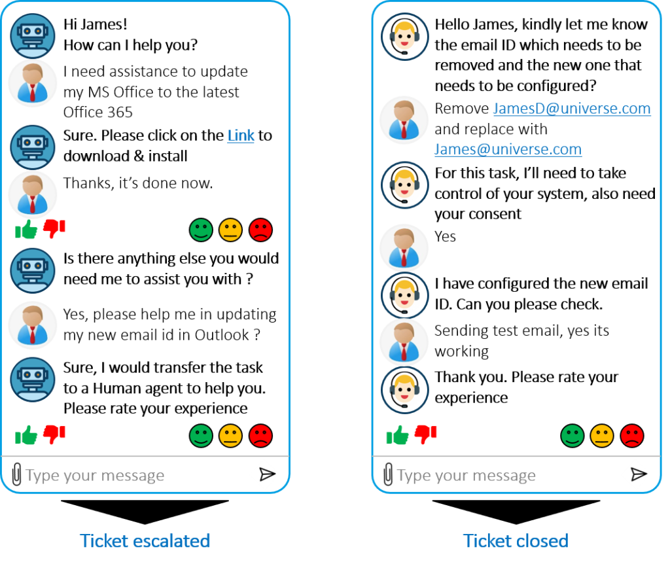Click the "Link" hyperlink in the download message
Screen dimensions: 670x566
(x=241, y=135)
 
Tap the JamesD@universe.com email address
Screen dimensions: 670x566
(x=572, y=109)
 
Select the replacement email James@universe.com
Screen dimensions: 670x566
(x=508, y=149)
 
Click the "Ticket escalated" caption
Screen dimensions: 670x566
(x=145, y=540)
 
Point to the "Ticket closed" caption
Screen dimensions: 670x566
(x=516, y=540)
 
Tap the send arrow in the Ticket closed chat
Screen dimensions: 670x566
(x=639, y=474)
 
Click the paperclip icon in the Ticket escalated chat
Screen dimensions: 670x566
(x=16, y=474)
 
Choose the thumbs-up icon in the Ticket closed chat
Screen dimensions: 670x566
(x=397, y=435)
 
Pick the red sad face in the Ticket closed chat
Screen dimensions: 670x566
(x=632, y=436)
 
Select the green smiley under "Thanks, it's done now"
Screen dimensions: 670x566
(x=201, y=230)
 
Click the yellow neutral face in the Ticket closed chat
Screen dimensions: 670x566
(x=602, y=436)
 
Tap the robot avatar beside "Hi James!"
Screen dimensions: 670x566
(x=33, y=36)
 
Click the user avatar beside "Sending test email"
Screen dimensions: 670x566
(x=404, y=342)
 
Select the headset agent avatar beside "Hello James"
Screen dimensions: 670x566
(x=404, y=36)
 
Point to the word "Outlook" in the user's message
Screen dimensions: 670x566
(x=222, y=335)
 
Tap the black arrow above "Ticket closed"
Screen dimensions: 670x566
(x=516, y=512)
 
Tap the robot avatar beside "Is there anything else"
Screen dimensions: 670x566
(x=33, y=271)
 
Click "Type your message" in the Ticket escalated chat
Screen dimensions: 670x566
(x=95, y=476)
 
